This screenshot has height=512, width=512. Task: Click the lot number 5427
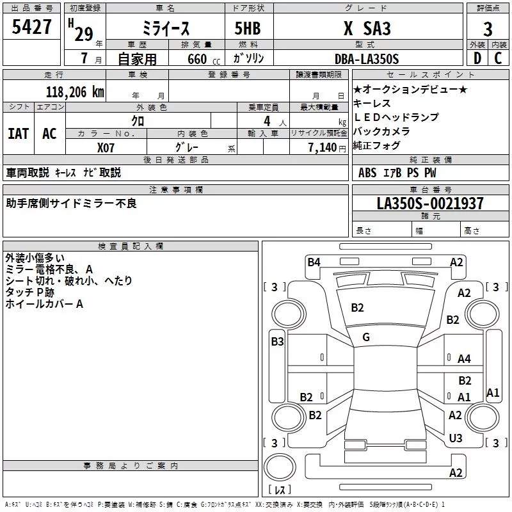tap(31, 27)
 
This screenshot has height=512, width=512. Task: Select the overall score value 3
tap(488, 29)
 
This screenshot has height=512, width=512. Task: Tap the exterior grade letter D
tap(477, 58)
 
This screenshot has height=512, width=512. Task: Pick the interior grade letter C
tap(498, 58)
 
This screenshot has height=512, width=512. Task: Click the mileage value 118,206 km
tap(75, 92)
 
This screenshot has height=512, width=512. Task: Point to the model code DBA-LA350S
tap(367, 59)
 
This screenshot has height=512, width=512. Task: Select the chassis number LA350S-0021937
tap(430, 203)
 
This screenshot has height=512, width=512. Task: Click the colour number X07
tap(106, 148)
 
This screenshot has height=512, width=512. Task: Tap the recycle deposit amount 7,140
tap(323, 148)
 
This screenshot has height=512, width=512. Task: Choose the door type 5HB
tap(248, 28)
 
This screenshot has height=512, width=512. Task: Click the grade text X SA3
tap(367, 28)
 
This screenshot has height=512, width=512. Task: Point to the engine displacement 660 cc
tap(204, 60)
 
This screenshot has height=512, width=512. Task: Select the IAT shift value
tap(19, 134)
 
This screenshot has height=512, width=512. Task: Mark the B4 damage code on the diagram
tap(314, 262)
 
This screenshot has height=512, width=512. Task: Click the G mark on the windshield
tap(366, 337)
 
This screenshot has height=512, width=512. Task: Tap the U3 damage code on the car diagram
tap(456, 438)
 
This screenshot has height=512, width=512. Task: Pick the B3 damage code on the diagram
tap(277, 342)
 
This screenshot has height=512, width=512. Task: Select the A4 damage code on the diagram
tap(464, 359)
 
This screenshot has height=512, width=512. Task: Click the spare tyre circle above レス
tap(280, 467)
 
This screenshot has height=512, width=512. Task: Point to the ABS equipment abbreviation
tap(367, 173)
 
